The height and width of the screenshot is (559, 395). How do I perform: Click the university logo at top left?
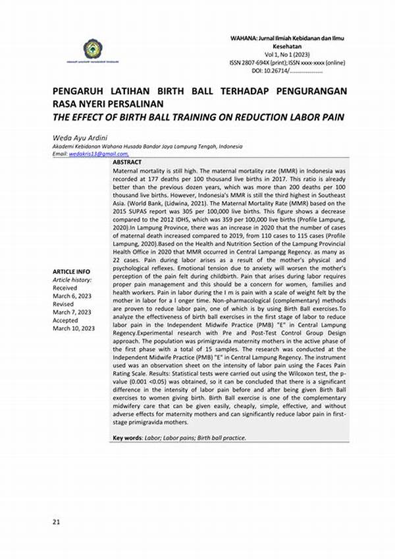tap(93, 49)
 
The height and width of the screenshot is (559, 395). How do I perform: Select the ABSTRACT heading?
tap(127, 162)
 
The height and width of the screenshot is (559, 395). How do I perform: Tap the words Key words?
tap(127, 438)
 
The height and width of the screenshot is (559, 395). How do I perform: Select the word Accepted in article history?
tap(65, 320)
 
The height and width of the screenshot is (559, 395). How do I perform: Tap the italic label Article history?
tap(71, 279)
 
